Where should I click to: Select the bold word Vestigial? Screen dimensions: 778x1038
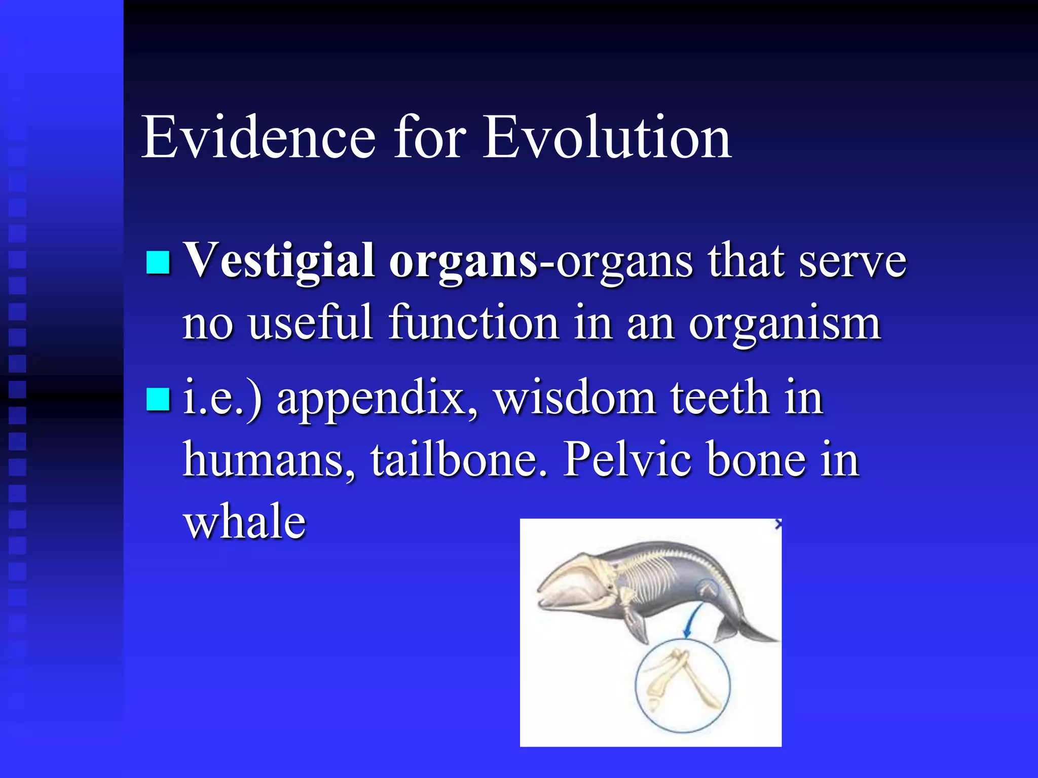(x=278, y=261)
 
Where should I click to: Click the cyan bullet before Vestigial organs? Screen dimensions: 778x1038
(x=158, y=262)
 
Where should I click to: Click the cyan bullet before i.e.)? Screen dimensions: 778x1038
(x=158, y=399)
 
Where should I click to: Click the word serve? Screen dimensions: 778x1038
(x=852, y=261)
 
